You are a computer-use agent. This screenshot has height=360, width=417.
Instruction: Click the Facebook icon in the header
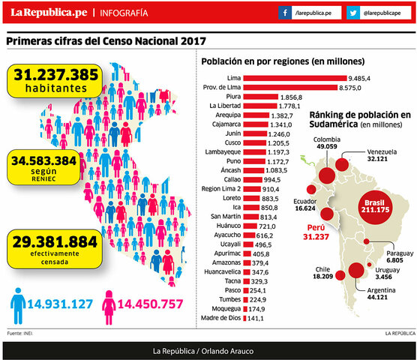tap(286, 13)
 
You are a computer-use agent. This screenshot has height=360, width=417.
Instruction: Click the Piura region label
tap(232, 97)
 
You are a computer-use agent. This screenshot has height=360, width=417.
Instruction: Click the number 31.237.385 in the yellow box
tap(56, 75)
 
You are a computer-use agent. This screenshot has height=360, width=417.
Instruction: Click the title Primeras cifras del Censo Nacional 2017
tap(106, 42)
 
